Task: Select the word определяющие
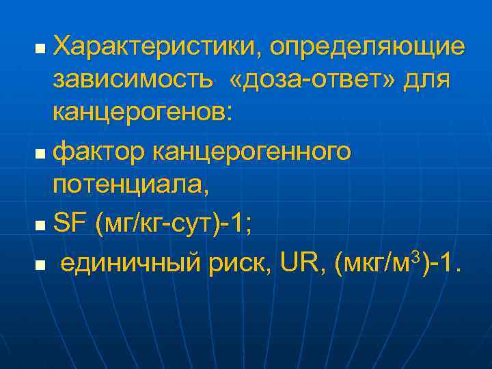coord(368,47)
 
